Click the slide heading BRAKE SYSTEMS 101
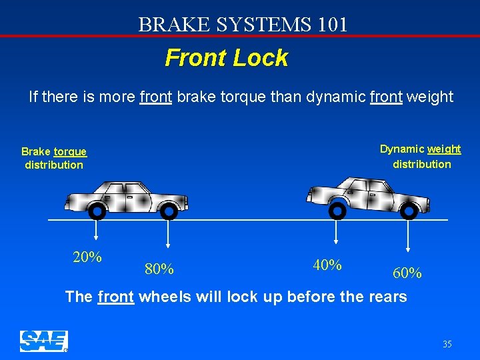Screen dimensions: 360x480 tap(243, 25)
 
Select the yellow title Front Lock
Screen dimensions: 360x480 tap(226, 58)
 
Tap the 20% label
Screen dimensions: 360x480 tap(87, 257)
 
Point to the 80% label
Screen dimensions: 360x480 tap(159, 269)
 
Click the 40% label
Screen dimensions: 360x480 tap(327, 265)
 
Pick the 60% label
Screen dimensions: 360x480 tap(407, 273)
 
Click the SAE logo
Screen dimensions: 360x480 tap(44, 341)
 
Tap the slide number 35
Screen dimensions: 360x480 tap(447, 344)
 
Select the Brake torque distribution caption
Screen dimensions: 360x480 tap(54, 159)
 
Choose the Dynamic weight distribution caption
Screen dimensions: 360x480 tap(421, 157)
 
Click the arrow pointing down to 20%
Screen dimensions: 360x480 tap(97, 230)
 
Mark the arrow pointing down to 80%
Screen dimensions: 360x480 tap(169, 233)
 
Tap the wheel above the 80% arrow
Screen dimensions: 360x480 tap(169, 212)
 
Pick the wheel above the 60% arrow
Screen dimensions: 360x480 tap(409, 211)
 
